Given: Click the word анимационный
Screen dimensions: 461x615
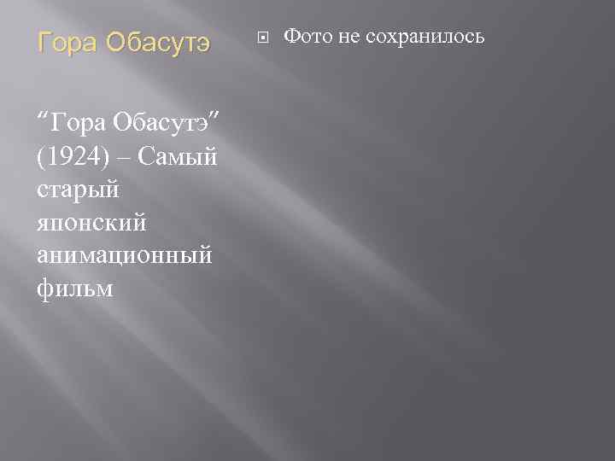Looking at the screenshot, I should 126,256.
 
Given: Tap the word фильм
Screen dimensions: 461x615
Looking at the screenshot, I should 76,289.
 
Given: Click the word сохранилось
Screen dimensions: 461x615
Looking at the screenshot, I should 426,38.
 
